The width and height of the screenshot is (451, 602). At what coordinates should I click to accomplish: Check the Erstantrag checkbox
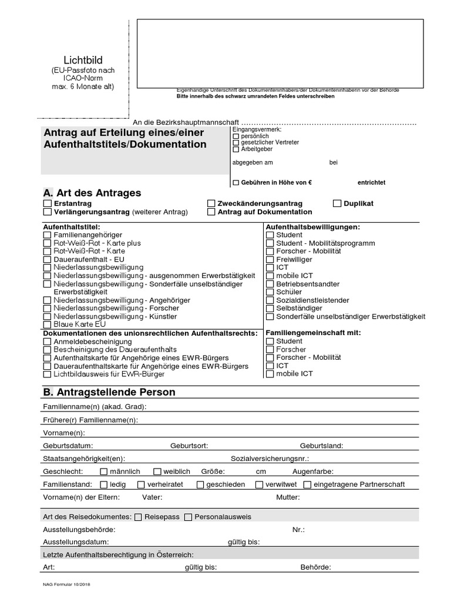click(48, 203)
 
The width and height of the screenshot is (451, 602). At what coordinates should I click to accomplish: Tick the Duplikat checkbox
click(337, 203)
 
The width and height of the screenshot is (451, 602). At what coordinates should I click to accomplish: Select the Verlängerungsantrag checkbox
click(48, 212)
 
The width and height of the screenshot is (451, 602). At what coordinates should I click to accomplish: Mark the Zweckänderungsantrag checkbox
click(211, 203)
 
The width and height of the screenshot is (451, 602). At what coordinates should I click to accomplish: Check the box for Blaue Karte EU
click(48, 324)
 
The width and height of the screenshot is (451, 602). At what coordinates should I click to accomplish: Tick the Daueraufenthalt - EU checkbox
click(48, 259)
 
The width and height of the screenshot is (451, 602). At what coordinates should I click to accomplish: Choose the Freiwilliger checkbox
click(270, 259)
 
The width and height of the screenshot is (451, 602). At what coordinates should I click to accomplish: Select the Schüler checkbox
click(270, 292)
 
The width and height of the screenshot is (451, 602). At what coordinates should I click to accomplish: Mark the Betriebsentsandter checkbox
click(270, 284)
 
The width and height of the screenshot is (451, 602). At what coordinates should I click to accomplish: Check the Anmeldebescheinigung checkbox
click(48, 342)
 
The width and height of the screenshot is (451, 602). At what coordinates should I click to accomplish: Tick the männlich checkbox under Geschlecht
click(104, 471)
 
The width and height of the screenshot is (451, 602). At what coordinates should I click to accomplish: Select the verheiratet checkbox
click(142, 485)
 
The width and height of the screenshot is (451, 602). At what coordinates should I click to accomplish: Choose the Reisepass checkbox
click(139, 517)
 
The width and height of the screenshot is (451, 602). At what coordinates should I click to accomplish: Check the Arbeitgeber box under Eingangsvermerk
click(236, 149)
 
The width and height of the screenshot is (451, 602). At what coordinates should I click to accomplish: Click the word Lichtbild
click(83, 60)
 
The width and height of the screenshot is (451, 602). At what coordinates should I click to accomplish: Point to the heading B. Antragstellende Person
click(109, 392)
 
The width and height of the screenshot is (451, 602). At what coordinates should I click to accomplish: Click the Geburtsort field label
click(189, 446)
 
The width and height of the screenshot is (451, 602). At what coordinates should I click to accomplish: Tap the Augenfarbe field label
click(313, 471)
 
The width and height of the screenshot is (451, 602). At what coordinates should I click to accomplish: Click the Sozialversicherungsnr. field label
click(270, 459)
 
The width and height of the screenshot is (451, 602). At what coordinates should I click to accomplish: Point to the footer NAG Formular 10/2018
click(66, 585)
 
